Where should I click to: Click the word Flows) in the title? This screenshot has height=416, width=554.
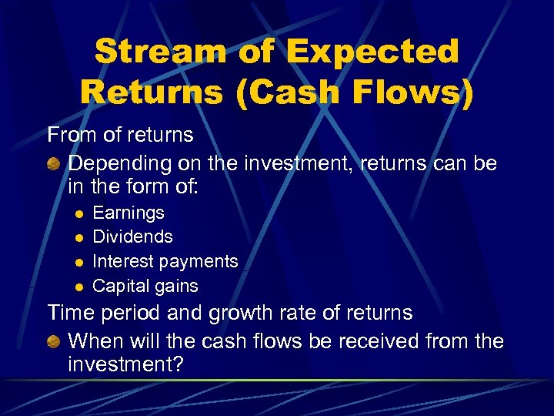point(412,91)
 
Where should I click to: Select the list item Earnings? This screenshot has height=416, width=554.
point(128,212)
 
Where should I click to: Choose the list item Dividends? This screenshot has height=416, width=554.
point(132,237)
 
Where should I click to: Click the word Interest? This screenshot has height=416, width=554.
point(122,261)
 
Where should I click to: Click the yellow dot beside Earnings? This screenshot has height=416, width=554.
point(78,213)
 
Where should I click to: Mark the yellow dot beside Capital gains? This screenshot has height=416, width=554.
point(78,287)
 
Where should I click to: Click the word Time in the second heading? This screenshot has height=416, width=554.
point(71,313)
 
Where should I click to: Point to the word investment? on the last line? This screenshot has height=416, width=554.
point(125,364)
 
